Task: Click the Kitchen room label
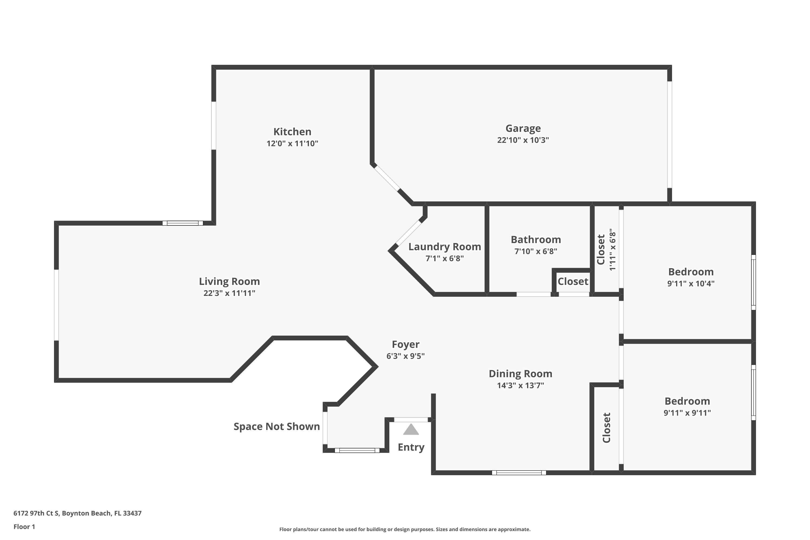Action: point(292,131)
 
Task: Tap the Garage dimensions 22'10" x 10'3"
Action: point(523,140)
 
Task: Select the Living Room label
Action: point(229,281)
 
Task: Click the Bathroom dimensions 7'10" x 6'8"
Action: point(535,251)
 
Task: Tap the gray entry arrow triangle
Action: point(411,430)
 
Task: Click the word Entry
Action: point(411,447)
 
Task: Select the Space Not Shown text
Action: point(276,426)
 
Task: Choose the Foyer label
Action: point(405,345)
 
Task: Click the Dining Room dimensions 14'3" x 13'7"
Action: point(520,385)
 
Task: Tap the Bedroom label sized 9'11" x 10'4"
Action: point(690,272)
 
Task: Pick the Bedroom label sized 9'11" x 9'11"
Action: point(687,401)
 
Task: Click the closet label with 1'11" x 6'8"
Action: point(601,250)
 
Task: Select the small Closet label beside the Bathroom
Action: point(573,281)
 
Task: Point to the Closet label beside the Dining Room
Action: point(606,428)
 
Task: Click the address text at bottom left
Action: point(77,513)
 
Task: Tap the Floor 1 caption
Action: point(24,526)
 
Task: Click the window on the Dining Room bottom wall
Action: point(519,473)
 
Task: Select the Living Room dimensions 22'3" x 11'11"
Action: point(229,293)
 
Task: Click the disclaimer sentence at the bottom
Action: point(405,529)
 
